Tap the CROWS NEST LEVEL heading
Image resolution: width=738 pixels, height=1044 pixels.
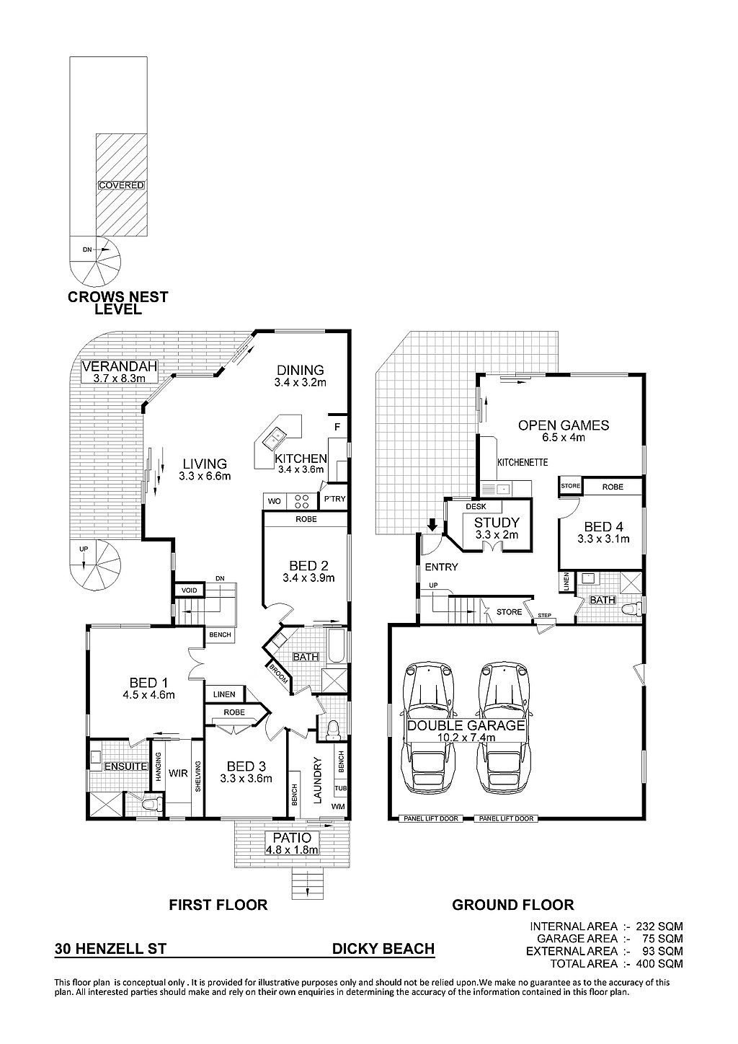point(118,303)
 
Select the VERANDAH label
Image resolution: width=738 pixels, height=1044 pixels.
point(120,366)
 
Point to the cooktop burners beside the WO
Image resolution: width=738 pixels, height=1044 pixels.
point(302,501)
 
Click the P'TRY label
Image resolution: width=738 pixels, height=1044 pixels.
point(335,499)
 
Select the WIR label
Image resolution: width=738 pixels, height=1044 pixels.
point(178,773)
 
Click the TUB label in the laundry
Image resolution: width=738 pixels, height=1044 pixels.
point(340,788)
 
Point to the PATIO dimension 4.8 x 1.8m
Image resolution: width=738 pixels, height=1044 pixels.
point(292,849)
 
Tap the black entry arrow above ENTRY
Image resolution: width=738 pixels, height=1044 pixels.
point(432,525)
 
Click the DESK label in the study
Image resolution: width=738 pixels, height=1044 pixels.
point(476,507)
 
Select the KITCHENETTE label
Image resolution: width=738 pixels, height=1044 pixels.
point(523,463)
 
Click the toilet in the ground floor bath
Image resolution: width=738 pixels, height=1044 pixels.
point(633,609)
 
